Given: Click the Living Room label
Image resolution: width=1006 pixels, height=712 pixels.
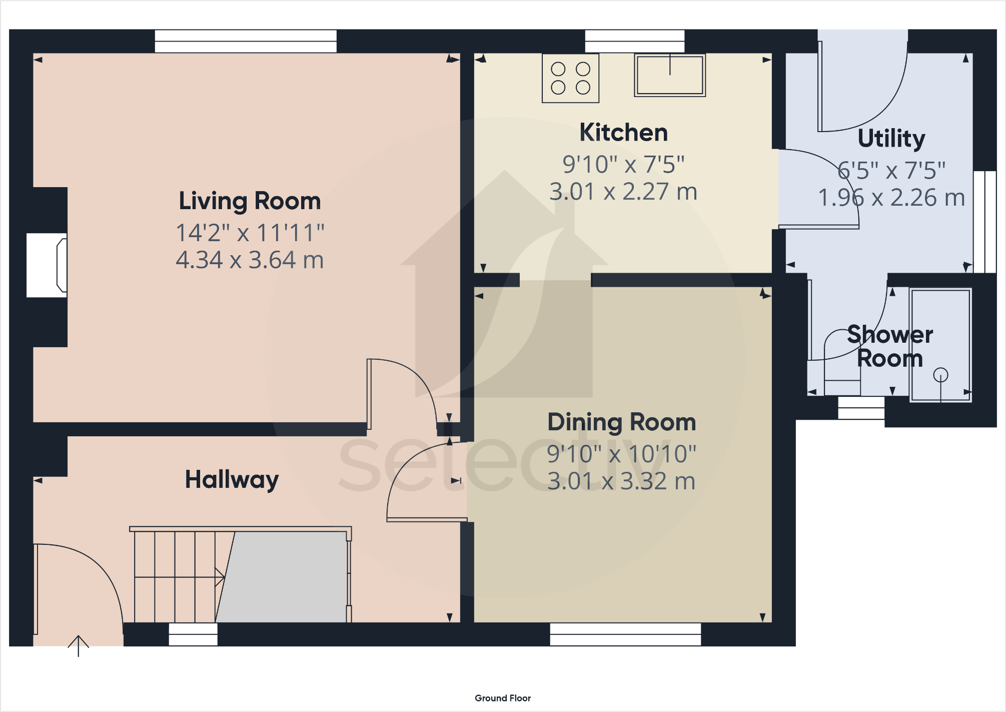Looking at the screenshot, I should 250,201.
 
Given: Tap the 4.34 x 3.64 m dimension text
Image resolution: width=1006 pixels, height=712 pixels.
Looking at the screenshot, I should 250,260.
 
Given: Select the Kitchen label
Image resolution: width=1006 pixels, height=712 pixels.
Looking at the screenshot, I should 623,133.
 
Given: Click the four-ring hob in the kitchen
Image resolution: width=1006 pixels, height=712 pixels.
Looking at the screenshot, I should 570,79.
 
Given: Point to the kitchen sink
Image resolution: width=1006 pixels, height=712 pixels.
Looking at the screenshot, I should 670,75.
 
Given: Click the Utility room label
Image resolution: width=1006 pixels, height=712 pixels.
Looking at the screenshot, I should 891,139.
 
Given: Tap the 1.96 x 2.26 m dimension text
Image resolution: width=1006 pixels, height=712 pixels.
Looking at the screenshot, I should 891,198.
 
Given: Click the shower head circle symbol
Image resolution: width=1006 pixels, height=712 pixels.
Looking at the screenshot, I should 940,375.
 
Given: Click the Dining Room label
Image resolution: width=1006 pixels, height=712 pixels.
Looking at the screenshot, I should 621,422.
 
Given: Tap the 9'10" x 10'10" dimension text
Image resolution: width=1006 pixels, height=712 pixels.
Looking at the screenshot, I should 621,454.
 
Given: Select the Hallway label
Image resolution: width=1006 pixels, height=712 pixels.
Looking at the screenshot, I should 232,479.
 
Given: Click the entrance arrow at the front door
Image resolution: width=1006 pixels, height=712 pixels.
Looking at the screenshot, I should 79,645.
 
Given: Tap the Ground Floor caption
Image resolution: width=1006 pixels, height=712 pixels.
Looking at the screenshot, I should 502,698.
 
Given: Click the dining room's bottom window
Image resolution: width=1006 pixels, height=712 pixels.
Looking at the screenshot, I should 625,634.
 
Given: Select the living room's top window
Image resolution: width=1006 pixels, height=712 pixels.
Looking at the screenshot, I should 246,41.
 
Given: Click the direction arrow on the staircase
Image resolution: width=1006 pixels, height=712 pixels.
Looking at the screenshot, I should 219,577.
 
